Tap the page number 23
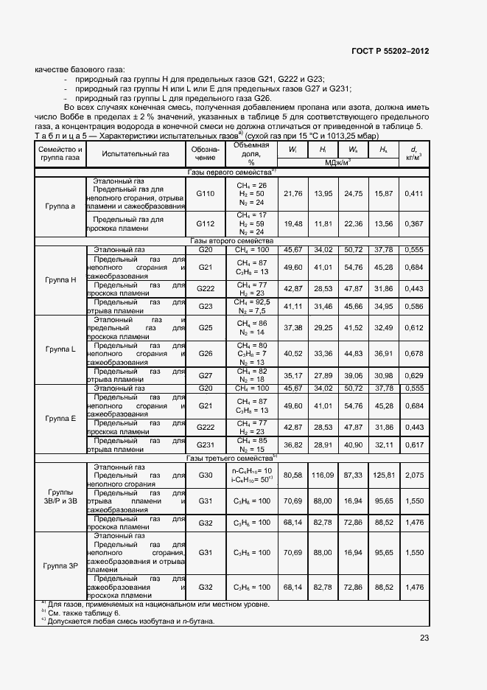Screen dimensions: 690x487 click(423, 639)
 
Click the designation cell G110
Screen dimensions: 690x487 click(206, 193)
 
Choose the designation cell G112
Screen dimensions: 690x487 click(206, 223)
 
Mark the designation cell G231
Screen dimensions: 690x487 click(206, 445)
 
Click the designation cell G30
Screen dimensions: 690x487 click(206, 475)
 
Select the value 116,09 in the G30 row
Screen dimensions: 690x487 click(322, 475)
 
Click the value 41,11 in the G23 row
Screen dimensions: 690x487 click(292, 306)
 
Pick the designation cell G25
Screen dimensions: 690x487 click(206, 327)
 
